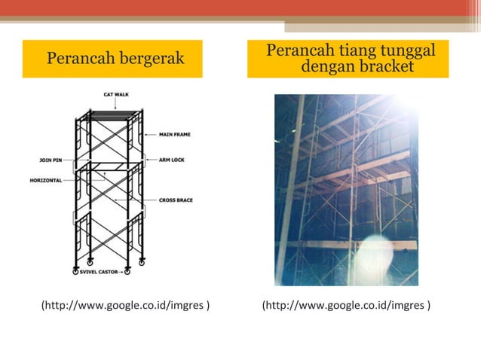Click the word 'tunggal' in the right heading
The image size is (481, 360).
(406, 50)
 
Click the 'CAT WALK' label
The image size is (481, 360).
(115, 94)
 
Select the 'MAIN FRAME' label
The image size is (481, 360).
(174, 134)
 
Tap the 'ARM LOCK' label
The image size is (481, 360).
(171, 160)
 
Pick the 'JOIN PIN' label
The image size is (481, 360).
(51, 160)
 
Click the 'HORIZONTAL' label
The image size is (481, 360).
(47, 180)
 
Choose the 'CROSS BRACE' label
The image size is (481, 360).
(176, 200)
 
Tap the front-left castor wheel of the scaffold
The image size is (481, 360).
(76, 270)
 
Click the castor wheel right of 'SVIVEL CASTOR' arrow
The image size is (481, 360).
(127, 271)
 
